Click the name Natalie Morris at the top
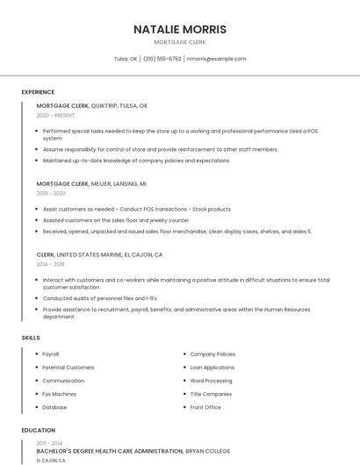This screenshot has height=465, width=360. click(180, 29)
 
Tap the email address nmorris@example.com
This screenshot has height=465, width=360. click(216, 59)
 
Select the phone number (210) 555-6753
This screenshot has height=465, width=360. click(162, 59)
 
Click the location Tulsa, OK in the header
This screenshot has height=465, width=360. click(126, 59)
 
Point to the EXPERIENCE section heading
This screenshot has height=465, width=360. click(38, 92)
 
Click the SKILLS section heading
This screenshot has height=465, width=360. click(31, 338)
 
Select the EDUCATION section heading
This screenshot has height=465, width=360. click(38, 431)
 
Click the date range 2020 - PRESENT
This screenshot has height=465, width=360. click(55, 115)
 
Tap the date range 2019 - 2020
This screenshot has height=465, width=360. click(51, 193)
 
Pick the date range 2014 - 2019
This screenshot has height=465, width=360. click(50, 263)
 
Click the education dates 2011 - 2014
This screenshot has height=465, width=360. click(49, 443)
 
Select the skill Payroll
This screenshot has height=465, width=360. click(51, 354)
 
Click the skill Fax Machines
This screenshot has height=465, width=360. click(60, 394)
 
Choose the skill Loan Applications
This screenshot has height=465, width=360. click(212, 368)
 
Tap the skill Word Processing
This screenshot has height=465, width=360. click(212, 381)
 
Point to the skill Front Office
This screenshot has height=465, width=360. click(205, 407)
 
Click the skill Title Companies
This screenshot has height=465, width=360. click(211, 394)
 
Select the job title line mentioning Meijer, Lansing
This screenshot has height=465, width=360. click(91, 184)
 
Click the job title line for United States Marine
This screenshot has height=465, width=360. click(99, 254)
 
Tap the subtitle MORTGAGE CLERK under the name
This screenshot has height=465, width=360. click(180, 42)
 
